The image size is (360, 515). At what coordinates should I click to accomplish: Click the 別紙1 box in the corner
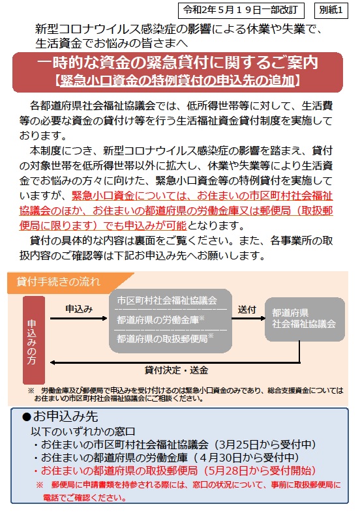click(x=331, y=10)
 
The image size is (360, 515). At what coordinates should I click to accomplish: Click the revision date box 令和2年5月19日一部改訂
click(x=241, y=10)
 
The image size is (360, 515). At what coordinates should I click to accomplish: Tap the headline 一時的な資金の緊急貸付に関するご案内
click(x=177, y=63)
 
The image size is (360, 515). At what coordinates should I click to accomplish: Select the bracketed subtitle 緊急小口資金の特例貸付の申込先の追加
click(x=177, y=80)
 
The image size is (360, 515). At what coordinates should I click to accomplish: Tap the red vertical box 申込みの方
click(x=33, y=340)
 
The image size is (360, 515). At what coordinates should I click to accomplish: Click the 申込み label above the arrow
click(x=79, y=309)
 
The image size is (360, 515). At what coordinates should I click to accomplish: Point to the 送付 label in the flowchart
click(x=247, y=310)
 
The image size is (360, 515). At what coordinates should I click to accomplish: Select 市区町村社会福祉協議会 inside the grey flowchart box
click(x=167, y=300)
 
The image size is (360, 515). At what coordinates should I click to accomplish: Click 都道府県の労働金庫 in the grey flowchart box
click(x=158, y=319)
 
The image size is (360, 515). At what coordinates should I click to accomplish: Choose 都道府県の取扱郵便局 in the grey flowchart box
click(x=162, y=338)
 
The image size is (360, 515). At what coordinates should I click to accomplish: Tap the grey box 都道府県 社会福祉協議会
click(x=305, y=319)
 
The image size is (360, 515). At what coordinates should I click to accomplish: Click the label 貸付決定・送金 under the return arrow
click(x=176, y=370)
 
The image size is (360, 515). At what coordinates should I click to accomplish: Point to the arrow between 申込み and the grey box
click(x=78, y=318)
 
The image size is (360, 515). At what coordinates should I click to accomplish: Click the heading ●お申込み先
click(x=60, y=417)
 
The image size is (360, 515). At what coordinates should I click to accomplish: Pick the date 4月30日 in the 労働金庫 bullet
click(x=220, y=458)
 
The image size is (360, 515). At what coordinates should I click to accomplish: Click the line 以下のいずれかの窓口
click(x=83, y=432)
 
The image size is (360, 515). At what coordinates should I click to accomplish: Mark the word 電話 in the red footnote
click(x=50, y=497)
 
